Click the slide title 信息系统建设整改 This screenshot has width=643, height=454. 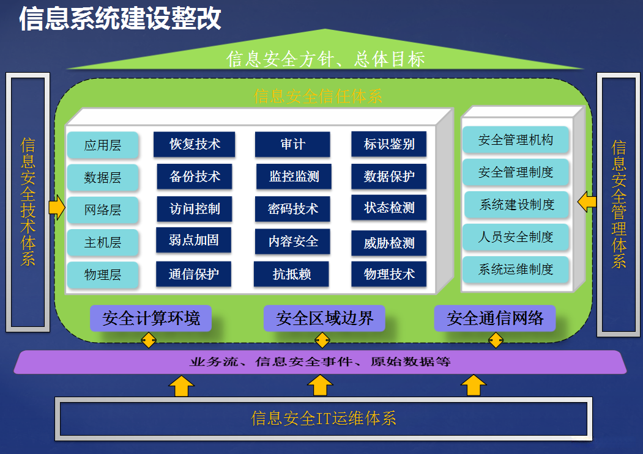click(x=120, y=18)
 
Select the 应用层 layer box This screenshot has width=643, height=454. click(x=103, y=145)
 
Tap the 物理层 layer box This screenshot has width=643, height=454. click(x=103, y=275)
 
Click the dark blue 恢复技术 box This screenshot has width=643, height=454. click(x=195, y=144)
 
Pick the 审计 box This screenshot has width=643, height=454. click(x=292, y=144)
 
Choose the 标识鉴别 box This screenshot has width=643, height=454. click(x=389, y=144)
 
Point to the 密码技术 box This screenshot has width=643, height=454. click(x=293, y=209)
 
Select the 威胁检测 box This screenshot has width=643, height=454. click(x=389, y=243)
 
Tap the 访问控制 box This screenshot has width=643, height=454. click(x=195, y=209)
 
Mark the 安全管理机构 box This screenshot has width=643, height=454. click(x=516, y=140)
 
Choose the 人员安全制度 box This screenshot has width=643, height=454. click(x=516, y=237)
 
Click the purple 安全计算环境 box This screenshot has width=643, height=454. click(x=151, y=318)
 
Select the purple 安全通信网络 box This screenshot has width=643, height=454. click(x=495, y=318)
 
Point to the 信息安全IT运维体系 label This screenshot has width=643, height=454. click(x=324, y=419)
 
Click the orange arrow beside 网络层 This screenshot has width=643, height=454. click(x=56, y=208)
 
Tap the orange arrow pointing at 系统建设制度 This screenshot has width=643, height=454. click(x=587, y=201)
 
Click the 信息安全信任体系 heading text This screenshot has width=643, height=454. click(x=318, y=96)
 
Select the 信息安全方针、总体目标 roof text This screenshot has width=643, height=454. click(x=325, y=59)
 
